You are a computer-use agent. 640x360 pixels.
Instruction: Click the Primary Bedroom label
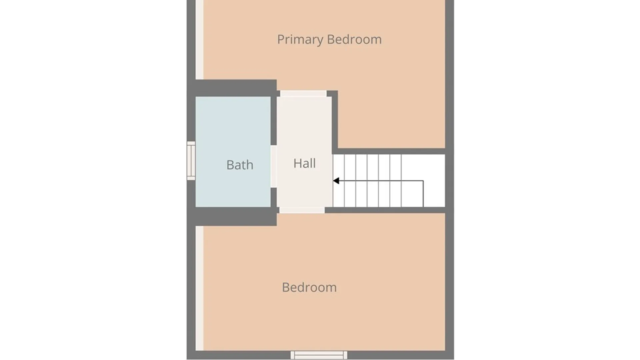(x=329, y=40)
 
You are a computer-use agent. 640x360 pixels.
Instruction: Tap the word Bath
(x=240, y=165)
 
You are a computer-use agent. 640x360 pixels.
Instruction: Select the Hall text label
(x=304, y=163)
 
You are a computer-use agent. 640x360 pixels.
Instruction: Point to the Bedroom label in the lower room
(x=309, y=287)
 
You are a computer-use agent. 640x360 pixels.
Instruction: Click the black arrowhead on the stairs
(x=336, y=181)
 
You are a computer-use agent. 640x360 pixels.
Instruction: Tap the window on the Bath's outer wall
(x=191, y=161)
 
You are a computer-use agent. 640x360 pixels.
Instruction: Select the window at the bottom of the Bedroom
(x=319, y=355)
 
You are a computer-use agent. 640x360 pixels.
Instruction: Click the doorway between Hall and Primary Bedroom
(x=303, y=93)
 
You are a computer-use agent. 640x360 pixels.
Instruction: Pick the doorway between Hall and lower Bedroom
(x=302, y=210)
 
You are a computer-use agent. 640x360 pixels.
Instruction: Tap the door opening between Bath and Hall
(x=274, y=166)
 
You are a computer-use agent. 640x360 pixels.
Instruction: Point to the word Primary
(x=300, y=40)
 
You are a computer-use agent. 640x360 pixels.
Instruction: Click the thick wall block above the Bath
(x=236, y=88)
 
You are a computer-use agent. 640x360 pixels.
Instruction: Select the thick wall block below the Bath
(x=236, y=216)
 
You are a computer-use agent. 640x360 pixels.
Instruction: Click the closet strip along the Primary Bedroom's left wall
(x=199, y=40)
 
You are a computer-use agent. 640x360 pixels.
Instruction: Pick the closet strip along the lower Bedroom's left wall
(x=199, y=288)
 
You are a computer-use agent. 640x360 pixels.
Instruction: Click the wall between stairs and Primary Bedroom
(x=392, y=151)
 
